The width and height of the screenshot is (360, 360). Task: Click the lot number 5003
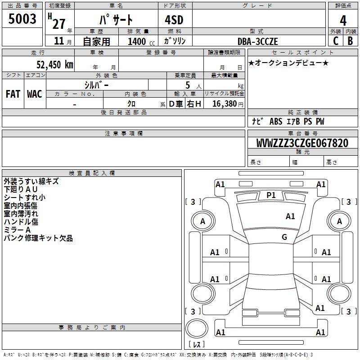(22, 19)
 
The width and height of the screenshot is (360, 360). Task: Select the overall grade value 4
(343, 21)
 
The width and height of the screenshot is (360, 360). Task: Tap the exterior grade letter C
(335, 41)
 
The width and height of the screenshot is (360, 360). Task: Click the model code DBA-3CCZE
(258, 41)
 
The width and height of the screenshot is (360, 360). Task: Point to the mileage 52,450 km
(52, 64)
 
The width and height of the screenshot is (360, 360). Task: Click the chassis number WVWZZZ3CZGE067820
(302, 144)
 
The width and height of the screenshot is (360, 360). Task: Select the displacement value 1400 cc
(137, 41)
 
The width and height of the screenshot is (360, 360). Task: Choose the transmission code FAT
(13, 94)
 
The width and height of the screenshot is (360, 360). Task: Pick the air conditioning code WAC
(35, 94)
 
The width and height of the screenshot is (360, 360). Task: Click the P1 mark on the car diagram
(271, 195)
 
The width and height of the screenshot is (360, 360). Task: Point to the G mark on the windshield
(284, 237)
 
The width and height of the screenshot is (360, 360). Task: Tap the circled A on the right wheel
(339, 221)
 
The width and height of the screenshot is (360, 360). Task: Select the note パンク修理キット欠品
(38, 238)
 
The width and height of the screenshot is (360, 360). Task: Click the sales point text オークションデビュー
(288, 63)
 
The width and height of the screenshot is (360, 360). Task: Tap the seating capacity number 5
(187, 85)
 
